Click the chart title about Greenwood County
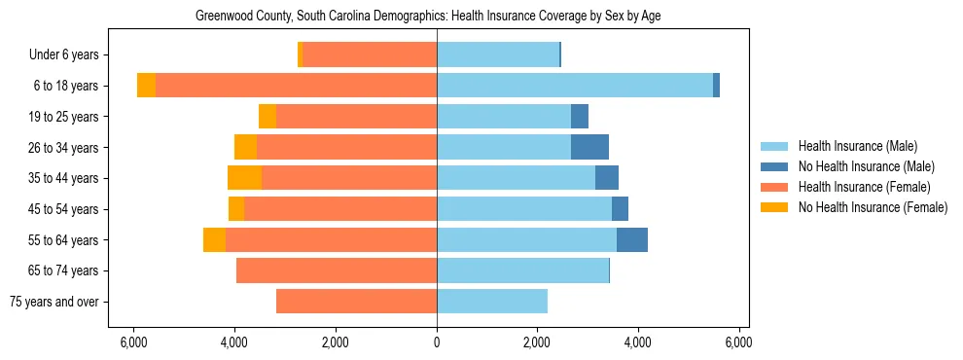tap(428, 17)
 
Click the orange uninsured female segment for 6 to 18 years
tap(146, 86)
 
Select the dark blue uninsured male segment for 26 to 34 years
tap(589, 147)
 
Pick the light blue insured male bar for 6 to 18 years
tap(574, 86)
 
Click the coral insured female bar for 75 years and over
tap(356, 302)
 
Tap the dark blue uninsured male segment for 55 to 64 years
tap(632, 239)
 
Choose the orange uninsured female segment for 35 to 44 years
tap(244, 178)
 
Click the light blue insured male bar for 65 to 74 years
tap(522, 270)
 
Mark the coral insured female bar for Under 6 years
tap(370, 55)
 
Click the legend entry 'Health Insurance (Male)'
tap(857, 146)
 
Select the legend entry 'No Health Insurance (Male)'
tap(866, 166)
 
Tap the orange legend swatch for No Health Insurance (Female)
tap(775, 207)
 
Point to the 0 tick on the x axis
tap(437, 342)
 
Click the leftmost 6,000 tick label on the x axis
tap(133, 342)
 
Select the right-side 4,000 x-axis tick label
tap(638, 342)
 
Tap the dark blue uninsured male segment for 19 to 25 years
tap(580, 117)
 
